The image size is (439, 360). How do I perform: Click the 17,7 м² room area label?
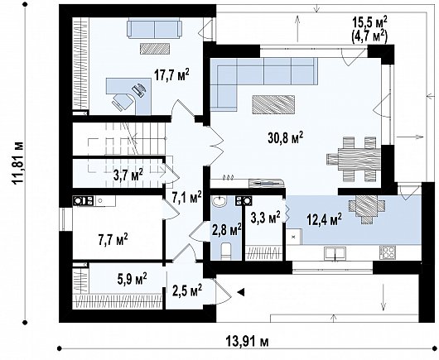point(171,74)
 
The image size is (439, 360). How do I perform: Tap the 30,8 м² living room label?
point(286,137)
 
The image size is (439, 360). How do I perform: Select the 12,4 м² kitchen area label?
point(325,219)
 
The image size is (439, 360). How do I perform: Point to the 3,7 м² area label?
point(128,175)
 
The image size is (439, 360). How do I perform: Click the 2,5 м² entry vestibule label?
point(187,291)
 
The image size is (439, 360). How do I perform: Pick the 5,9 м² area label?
point(133,279)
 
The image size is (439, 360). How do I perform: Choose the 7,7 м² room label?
point(113,239)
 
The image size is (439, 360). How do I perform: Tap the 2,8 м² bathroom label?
point(227,230)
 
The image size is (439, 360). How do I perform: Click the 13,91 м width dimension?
point(247,342)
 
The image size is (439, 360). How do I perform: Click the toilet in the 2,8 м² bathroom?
point(226,251)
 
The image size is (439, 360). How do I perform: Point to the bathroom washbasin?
point(219,201)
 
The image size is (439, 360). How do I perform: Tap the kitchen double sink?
point(335,253)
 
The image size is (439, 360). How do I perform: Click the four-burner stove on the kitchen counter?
point(388,252)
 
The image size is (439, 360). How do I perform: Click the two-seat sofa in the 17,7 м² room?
point(154,28)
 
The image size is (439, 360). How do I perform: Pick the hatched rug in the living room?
point(273,104)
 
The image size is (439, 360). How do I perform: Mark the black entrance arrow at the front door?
point(241,292)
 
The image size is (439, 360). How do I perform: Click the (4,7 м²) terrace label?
point(369,37)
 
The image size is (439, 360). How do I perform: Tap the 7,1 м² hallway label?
point(186,198)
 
